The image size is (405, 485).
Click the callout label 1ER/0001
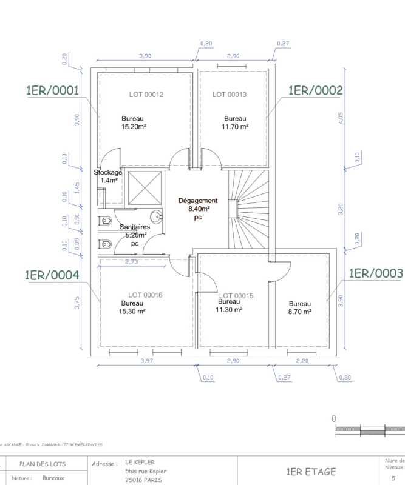tap(52, 91)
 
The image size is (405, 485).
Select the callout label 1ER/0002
tap(315, 90)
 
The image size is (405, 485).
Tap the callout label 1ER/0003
tap(375, 273)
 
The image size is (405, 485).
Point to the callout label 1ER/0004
tap(52, 275)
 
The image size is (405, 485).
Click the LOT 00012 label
tap(146, 95)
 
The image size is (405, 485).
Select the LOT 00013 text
tap(229, 95)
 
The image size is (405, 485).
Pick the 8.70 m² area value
tap(299, 312)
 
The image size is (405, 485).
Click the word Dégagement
tap(197, 201)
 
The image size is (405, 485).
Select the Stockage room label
tap(107, 173)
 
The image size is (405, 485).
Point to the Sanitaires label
tap(134, 227)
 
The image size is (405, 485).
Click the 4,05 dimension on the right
tap(341, 118)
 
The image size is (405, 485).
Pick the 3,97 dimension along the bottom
tap(146, 361)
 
